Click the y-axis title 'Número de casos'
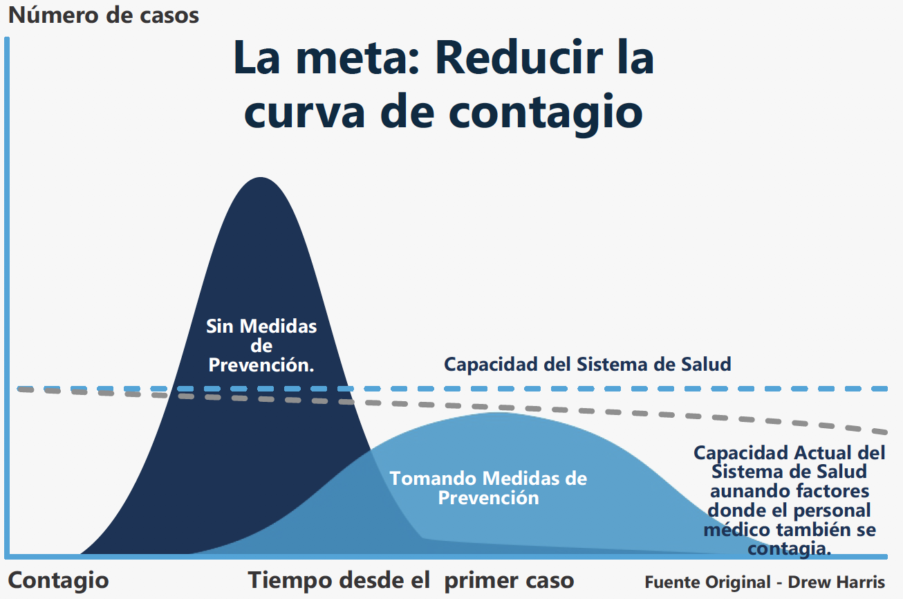(x=104, y=15)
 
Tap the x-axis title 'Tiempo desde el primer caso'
(x=411, y=581)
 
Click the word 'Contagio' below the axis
(x=59, y=581)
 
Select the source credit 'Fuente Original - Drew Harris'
(x=765, y=582)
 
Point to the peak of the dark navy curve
(x=261, y=178)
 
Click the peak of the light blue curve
(x=498, y=413)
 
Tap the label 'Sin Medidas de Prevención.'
(x=261, y=346)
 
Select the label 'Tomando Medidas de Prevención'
(x=488, y=488)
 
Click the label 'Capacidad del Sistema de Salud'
(x=587, y=365)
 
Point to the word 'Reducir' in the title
(x=519, y=57)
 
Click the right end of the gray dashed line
(x=887, y=432)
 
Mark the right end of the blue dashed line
(x=887, y=389)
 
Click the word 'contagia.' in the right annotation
(x=790, y=549)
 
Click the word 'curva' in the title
(x=304, y=113)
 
